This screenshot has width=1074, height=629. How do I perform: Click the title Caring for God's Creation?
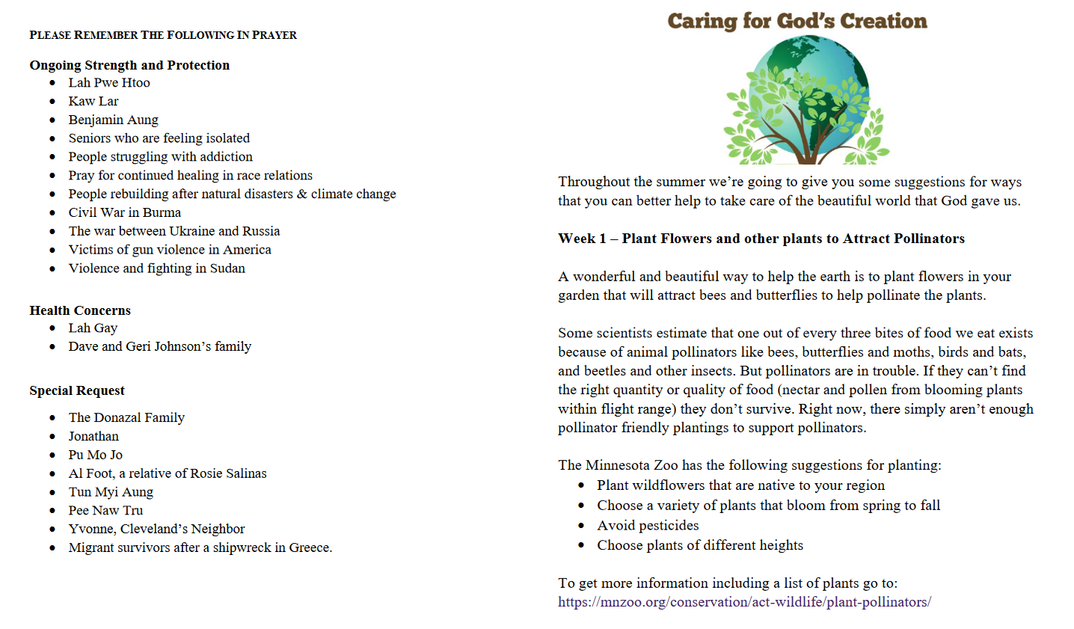[x=797, y=21]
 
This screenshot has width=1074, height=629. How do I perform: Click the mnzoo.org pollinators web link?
[x=744, y=602]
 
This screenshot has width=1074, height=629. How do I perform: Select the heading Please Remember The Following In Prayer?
[x=163, y=35]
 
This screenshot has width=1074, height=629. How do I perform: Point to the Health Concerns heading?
[x=80, y=310]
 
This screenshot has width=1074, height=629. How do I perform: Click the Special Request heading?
[x=77, y=390]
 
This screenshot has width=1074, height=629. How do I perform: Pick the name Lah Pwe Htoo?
[x=109, y=83]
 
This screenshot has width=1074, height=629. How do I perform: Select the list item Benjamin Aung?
[x=113, y=120]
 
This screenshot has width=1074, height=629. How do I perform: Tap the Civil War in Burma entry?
[x=124, y=212]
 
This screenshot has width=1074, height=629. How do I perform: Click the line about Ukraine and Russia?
[x=174, y=231]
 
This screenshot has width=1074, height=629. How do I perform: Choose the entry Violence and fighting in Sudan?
[x=156, y=269]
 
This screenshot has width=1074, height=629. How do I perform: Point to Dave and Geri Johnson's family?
[x=159, y=346]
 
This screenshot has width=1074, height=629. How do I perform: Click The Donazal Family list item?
[x=126, y=417]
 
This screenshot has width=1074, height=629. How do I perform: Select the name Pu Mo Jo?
[x=95, y=455]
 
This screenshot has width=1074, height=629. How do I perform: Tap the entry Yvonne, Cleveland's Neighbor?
[x=156, y=529]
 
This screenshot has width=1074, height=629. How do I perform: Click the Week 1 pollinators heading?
[x=761, y=239]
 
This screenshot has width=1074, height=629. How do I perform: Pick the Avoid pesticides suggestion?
[x=648, y=526]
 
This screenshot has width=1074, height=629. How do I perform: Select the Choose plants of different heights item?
[x=699, y=545]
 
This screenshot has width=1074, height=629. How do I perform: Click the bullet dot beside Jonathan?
[x=52, y=437]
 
